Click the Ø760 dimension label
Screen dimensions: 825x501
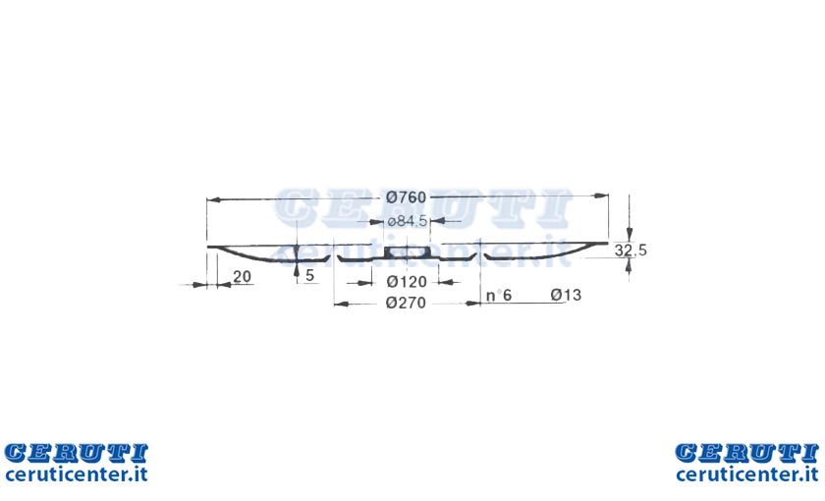click(406, 197)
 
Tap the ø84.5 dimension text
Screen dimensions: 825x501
click(408, 221)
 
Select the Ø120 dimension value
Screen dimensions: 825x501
click(407, 282)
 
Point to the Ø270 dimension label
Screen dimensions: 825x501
click(406, 304)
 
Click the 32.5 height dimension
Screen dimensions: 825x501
click(631, 250)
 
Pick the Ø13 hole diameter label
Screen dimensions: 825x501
click(566, 295)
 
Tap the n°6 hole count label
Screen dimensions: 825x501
click(499, 296)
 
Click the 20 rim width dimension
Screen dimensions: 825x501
click(242, 276)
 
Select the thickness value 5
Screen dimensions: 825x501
click(310, 275)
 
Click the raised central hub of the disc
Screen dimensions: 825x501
click(407, 252)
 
